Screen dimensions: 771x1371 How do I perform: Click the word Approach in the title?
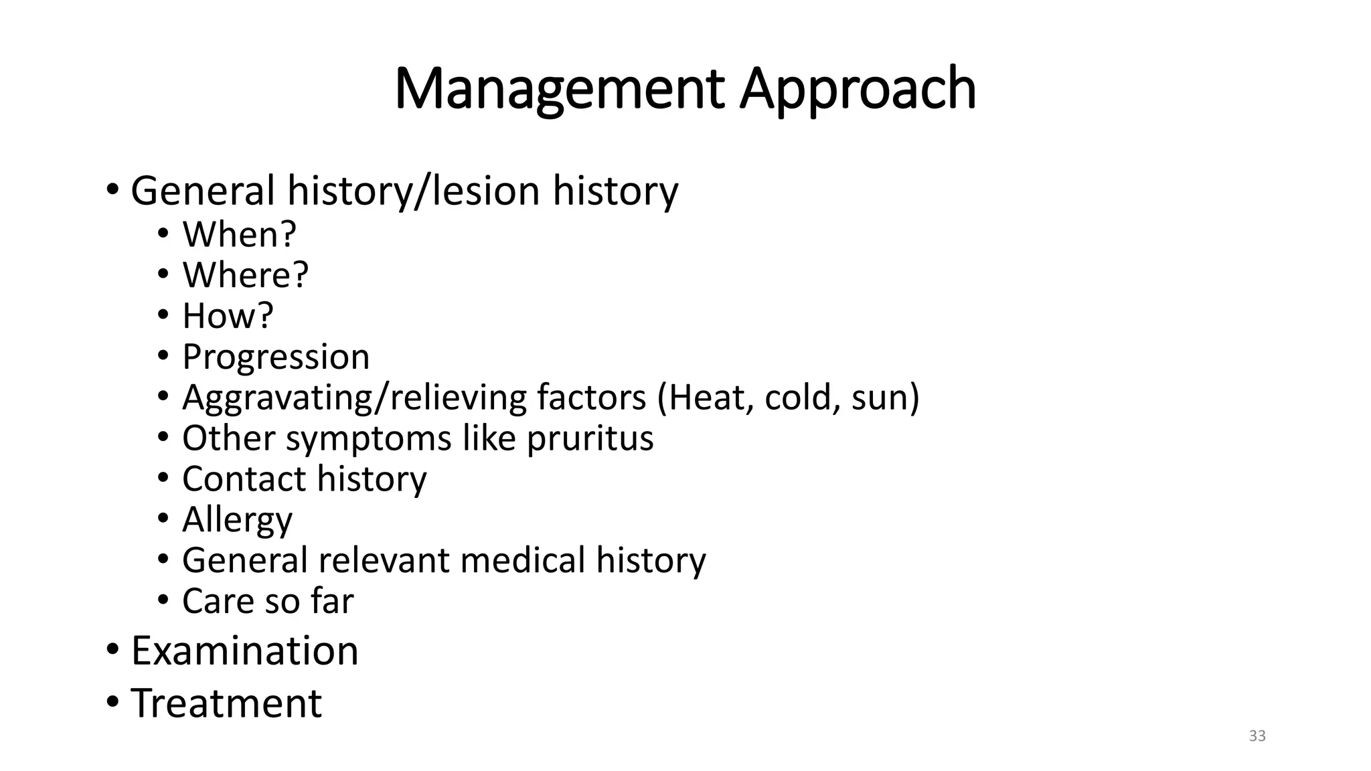(858, 90)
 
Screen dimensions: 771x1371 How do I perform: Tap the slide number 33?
(1257, 736)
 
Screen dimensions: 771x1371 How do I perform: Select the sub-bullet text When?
(239, 234)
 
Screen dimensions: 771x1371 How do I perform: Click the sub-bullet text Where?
(245, 275)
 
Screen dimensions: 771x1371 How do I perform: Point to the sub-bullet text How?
(228, 316)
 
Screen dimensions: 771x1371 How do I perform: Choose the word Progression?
(276, 357)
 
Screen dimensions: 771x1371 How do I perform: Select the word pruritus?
(590, 438)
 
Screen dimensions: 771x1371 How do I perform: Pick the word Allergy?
(237, 520)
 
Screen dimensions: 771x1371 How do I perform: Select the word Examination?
(244, 651)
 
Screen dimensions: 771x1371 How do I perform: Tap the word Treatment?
(226, 703)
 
